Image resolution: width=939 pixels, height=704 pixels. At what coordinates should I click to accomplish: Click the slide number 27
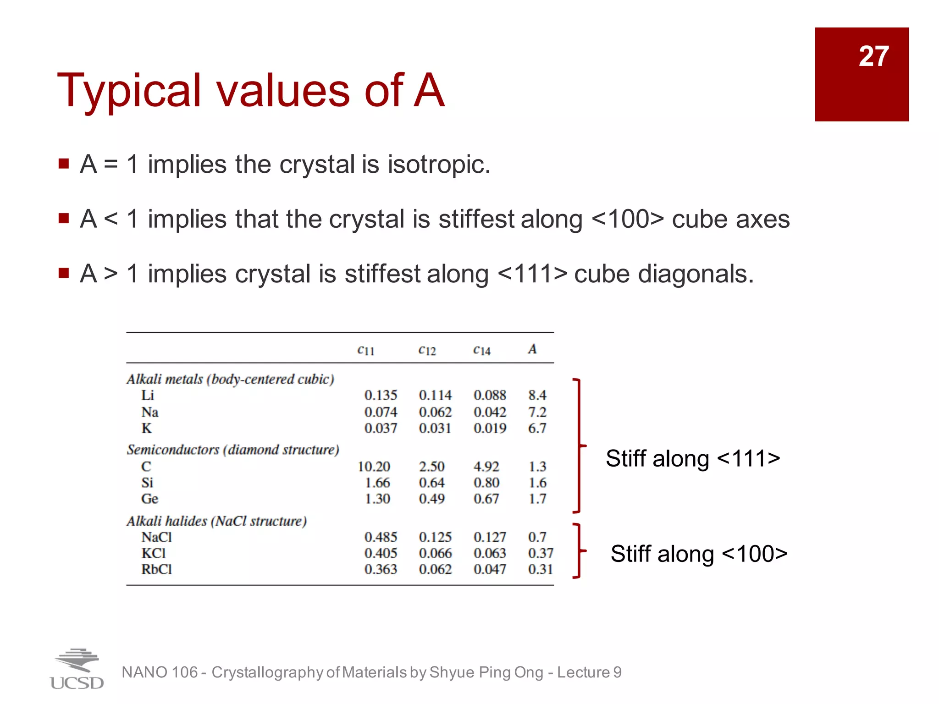pos(873,57)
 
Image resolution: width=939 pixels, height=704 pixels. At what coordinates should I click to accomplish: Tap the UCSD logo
pos(77,669)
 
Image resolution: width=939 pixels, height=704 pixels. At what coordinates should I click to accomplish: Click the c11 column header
pos(366,350)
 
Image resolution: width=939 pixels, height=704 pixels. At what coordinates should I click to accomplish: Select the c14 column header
pos(482,350)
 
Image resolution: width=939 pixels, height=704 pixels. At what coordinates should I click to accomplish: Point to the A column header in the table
pos(532,349)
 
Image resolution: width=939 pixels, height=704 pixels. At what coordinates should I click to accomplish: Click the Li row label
pos(148,395)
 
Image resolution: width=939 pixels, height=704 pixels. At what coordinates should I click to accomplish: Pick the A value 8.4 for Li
pos(537,395)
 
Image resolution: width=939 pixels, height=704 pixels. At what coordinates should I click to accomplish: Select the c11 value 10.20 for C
pos(374,467)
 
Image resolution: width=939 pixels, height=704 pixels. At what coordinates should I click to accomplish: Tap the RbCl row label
pos(156,569)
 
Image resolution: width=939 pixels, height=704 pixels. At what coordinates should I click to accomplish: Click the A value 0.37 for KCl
pos(541,553)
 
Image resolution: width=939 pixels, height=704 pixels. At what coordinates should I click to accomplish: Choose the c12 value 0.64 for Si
pos(431,483)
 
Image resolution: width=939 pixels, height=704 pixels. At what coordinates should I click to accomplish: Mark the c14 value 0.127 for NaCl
pos(490,537)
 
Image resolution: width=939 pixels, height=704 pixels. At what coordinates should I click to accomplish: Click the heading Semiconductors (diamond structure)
pos(233,450)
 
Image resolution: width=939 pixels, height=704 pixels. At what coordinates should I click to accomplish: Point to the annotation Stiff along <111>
pos(693,458)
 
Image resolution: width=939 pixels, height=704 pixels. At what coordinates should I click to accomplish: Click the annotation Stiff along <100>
pos(699,554)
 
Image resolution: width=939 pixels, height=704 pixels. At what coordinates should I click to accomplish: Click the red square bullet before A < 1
pos(64,218)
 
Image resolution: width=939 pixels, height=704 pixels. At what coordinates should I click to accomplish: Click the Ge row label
pos(149,499)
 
